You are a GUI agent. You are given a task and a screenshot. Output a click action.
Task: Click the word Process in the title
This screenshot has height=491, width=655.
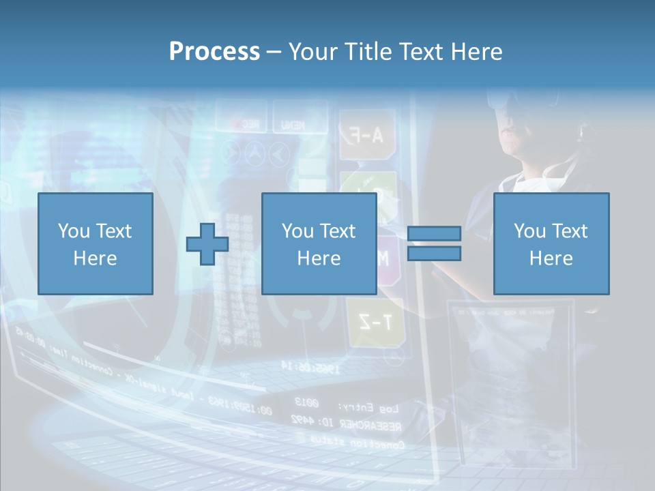pyautogui.click(x=214, y=52)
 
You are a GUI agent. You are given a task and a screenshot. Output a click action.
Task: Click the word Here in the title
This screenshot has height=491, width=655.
pyautogui.click(x=477, y=52)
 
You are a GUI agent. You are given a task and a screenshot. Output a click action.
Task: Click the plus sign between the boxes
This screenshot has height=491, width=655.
pyautogui.click(x=207, y=245)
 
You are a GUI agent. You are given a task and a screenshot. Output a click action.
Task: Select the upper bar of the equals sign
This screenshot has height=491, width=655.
pyautogui.click(x=434, y=234)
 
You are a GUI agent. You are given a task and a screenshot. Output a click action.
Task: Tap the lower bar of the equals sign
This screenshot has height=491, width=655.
pyautogui.click(x=434, y=254)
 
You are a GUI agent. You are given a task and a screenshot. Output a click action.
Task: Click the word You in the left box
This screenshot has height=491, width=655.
pyautogui.click(x=74, y=231)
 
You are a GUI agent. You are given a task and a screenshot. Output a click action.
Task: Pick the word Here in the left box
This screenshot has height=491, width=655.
pyautogui.click(x=95, y=258)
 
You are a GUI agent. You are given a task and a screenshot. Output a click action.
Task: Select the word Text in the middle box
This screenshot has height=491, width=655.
pyautogui.click(x=338, y=231)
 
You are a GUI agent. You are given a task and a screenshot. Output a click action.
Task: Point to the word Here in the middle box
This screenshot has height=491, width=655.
pyautogui.click(x=319, y=258)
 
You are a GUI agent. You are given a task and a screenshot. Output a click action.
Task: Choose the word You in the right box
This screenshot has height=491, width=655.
pyautogui.click(x=529, y=231)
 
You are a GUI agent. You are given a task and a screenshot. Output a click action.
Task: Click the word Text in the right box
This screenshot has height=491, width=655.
pyautogui.click(x=570, y=231)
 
